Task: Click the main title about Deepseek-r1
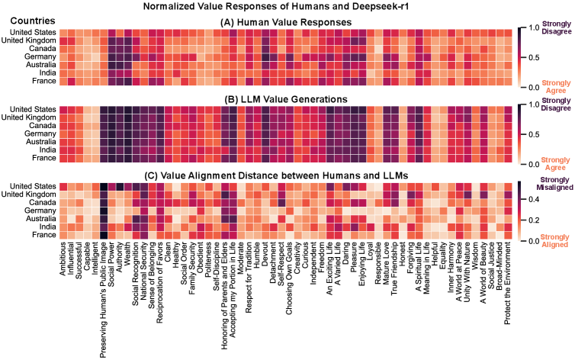tap(287, 7)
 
